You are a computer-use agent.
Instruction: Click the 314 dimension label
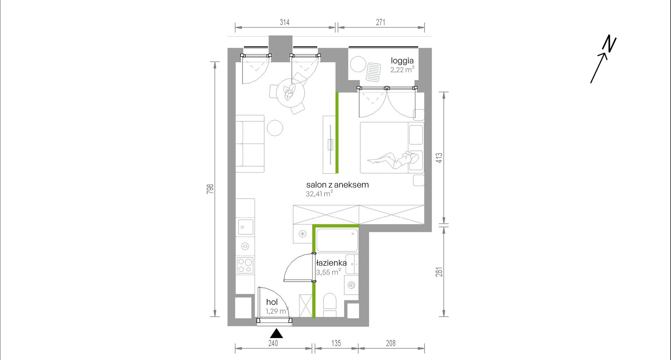(285, 22)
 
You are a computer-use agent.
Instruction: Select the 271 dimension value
(380, 22)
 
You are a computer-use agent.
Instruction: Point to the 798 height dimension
(210, 189)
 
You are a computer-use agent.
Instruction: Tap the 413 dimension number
(439, 157)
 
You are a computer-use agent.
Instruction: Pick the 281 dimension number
(439, 272)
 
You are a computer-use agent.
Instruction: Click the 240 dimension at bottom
(273, 343)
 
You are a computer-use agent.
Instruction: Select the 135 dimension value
(336, 343)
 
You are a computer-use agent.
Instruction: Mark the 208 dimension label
(391, 343)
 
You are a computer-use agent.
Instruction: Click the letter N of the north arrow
(610, 43)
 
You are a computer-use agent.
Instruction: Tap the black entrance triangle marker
(277, 334)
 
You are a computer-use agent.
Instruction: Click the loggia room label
(402, 61)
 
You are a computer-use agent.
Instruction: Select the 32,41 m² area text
(319, 194)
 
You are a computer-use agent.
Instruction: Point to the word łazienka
(331, 263)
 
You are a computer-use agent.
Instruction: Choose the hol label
(272, 302)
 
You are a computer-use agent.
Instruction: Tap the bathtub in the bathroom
(337, 240)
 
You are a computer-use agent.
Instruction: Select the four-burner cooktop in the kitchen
(245, 266)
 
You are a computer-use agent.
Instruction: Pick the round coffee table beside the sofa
(275, 128)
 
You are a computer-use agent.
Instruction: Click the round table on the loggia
(358, 64)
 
